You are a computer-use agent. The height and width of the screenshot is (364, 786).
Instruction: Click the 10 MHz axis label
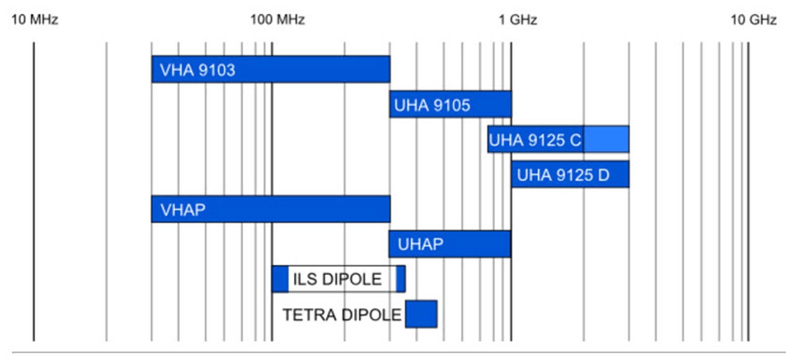(x=35, y=20)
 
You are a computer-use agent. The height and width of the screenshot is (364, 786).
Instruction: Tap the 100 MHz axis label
(x=277, y=20)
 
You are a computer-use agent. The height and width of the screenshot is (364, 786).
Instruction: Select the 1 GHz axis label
(x=517, y=20)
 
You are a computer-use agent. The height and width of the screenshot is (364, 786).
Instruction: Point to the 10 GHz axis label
(x=753, y=20)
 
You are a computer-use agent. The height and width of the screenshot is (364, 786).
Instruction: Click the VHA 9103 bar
(x=309, y=69)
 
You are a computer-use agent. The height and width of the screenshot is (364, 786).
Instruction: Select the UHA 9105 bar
(x=489, y=104)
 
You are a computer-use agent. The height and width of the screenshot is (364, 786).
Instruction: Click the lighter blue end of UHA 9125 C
(x=606, y=139)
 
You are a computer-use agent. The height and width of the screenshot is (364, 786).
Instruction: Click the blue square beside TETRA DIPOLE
(x=421, y=314)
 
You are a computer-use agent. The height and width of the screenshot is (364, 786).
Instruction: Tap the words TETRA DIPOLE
(x=342, y=315)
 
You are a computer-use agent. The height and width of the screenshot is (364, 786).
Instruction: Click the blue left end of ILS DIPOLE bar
(x=280, y=279)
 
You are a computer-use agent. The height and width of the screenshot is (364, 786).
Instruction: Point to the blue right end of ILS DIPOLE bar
(x=401, y=279)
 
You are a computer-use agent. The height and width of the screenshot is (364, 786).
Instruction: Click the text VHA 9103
(x=197, y=70)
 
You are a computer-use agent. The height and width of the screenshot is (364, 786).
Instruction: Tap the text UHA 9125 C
(x=535, y=141)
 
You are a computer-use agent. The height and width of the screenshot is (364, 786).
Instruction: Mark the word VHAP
(x=183, y=210)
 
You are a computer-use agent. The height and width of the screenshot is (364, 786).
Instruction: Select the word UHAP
(x=420, y=245)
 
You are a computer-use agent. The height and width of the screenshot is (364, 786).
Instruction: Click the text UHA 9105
(x=432, y=105)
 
